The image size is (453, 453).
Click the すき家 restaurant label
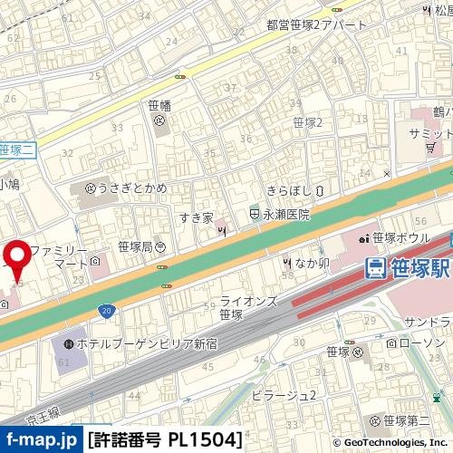194,218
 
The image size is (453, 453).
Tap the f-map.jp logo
41,440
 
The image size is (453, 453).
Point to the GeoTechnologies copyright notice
390,442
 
